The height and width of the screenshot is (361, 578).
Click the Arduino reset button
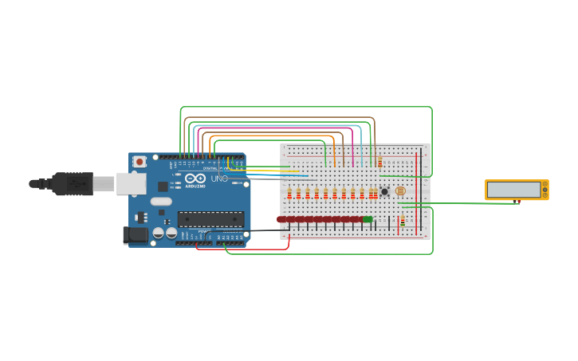pyautogui.click(x=140, y=162)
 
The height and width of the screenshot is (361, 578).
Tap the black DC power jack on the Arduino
pyautogui.click(x=136, y=234)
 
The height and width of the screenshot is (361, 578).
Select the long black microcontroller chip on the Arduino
pyautogui.click(x=210, y=218)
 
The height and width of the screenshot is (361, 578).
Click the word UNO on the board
pyautogui.click(x=219, y=179)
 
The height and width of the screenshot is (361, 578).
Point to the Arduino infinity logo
pyautogui.click(x=195, y=178)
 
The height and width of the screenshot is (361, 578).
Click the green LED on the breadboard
pyautogui.click(x=368, y=219)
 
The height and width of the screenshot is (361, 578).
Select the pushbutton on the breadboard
pyautogui.click(x=384, y=191)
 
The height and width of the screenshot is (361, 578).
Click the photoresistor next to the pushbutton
pyautogui.click(x=400, y=191)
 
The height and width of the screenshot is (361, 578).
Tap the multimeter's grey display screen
pyautogui.click(x=514, y=189)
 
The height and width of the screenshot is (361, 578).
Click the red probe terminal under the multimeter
pyautogui.click(x=519, y=202)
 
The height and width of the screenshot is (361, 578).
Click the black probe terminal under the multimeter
pyautogui.click(x=511, y=202)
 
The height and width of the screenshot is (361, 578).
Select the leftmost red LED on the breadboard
pyautogui.click(x=281, y=219)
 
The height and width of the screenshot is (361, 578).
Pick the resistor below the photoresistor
pyautogui.click(x=403, y=220)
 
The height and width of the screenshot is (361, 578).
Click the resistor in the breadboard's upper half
pyautogui.click(x=379, y=162)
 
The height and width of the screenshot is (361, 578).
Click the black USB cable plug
pyautogui.click(x=72, y=184)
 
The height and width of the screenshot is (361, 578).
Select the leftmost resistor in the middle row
pyautogui.click(x=289, y=193)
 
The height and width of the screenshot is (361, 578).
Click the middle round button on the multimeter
pyautogui.click(x=545, y=190)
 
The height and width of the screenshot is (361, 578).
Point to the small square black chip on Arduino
pyautogui.click(x=163, y=186)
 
